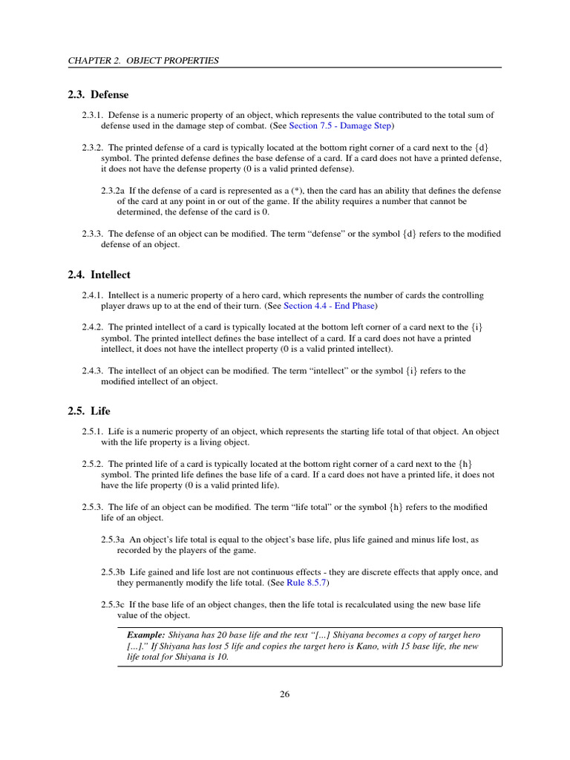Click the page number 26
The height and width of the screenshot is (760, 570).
point(285,695)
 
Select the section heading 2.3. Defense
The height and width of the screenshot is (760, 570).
point(97,95)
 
